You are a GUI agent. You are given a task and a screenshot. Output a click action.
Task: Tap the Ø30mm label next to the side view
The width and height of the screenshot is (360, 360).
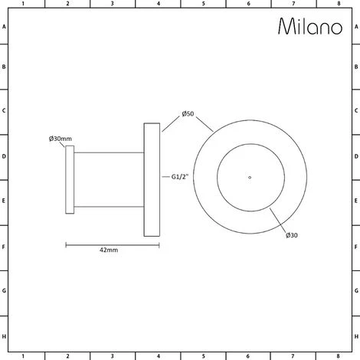tap(60, 138)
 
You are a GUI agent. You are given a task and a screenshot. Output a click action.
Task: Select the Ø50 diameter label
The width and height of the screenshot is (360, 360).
tap(188, 114)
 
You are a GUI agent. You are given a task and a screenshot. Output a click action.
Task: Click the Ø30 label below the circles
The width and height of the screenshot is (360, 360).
tap(292, 234)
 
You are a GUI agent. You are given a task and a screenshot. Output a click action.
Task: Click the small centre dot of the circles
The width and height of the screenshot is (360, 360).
tap(250, 178)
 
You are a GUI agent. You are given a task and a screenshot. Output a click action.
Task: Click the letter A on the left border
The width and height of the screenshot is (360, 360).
tap(4, 26)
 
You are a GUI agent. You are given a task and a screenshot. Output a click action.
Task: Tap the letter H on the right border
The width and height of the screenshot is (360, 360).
tap(356, 335)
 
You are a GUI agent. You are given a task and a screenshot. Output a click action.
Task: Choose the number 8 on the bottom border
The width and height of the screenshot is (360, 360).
tap(339, 356)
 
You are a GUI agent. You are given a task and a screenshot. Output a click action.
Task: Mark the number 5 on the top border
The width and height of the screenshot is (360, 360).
tap(203, 4)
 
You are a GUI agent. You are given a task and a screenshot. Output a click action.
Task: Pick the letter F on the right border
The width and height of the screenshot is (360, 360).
tap(356, 247)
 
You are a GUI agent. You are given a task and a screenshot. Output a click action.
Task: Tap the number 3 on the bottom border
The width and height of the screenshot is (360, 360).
tap(113, 356)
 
